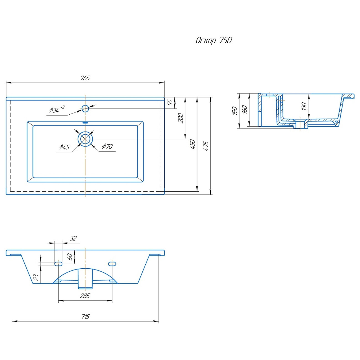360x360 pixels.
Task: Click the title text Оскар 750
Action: point(214,40)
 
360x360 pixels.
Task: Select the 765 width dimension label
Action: point(85,78)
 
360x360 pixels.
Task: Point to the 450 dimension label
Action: point(192,144)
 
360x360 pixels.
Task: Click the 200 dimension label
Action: point(181,118)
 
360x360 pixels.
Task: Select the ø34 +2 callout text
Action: point(57,109)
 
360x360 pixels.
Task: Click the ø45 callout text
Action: point(64,147)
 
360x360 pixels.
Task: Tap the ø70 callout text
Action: point(107,146)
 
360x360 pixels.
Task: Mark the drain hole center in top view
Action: point(85,139)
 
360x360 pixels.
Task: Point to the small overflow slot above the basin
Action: point(85,123)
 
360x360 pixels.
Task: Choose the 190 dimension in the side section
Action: point(235,111)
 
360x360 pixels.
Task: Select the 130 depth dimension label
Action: point(304,106)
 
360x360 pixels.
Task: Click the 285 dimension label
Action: point(85,296)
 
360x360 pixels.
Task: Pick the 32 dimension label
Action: point(73,238)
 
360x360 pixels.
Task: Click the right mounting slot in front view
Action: point(112,264)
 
